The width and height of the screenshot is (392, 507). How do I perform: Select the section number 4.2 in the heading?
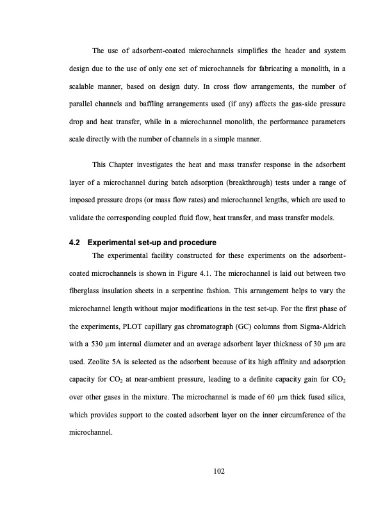tap(74, 243)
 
